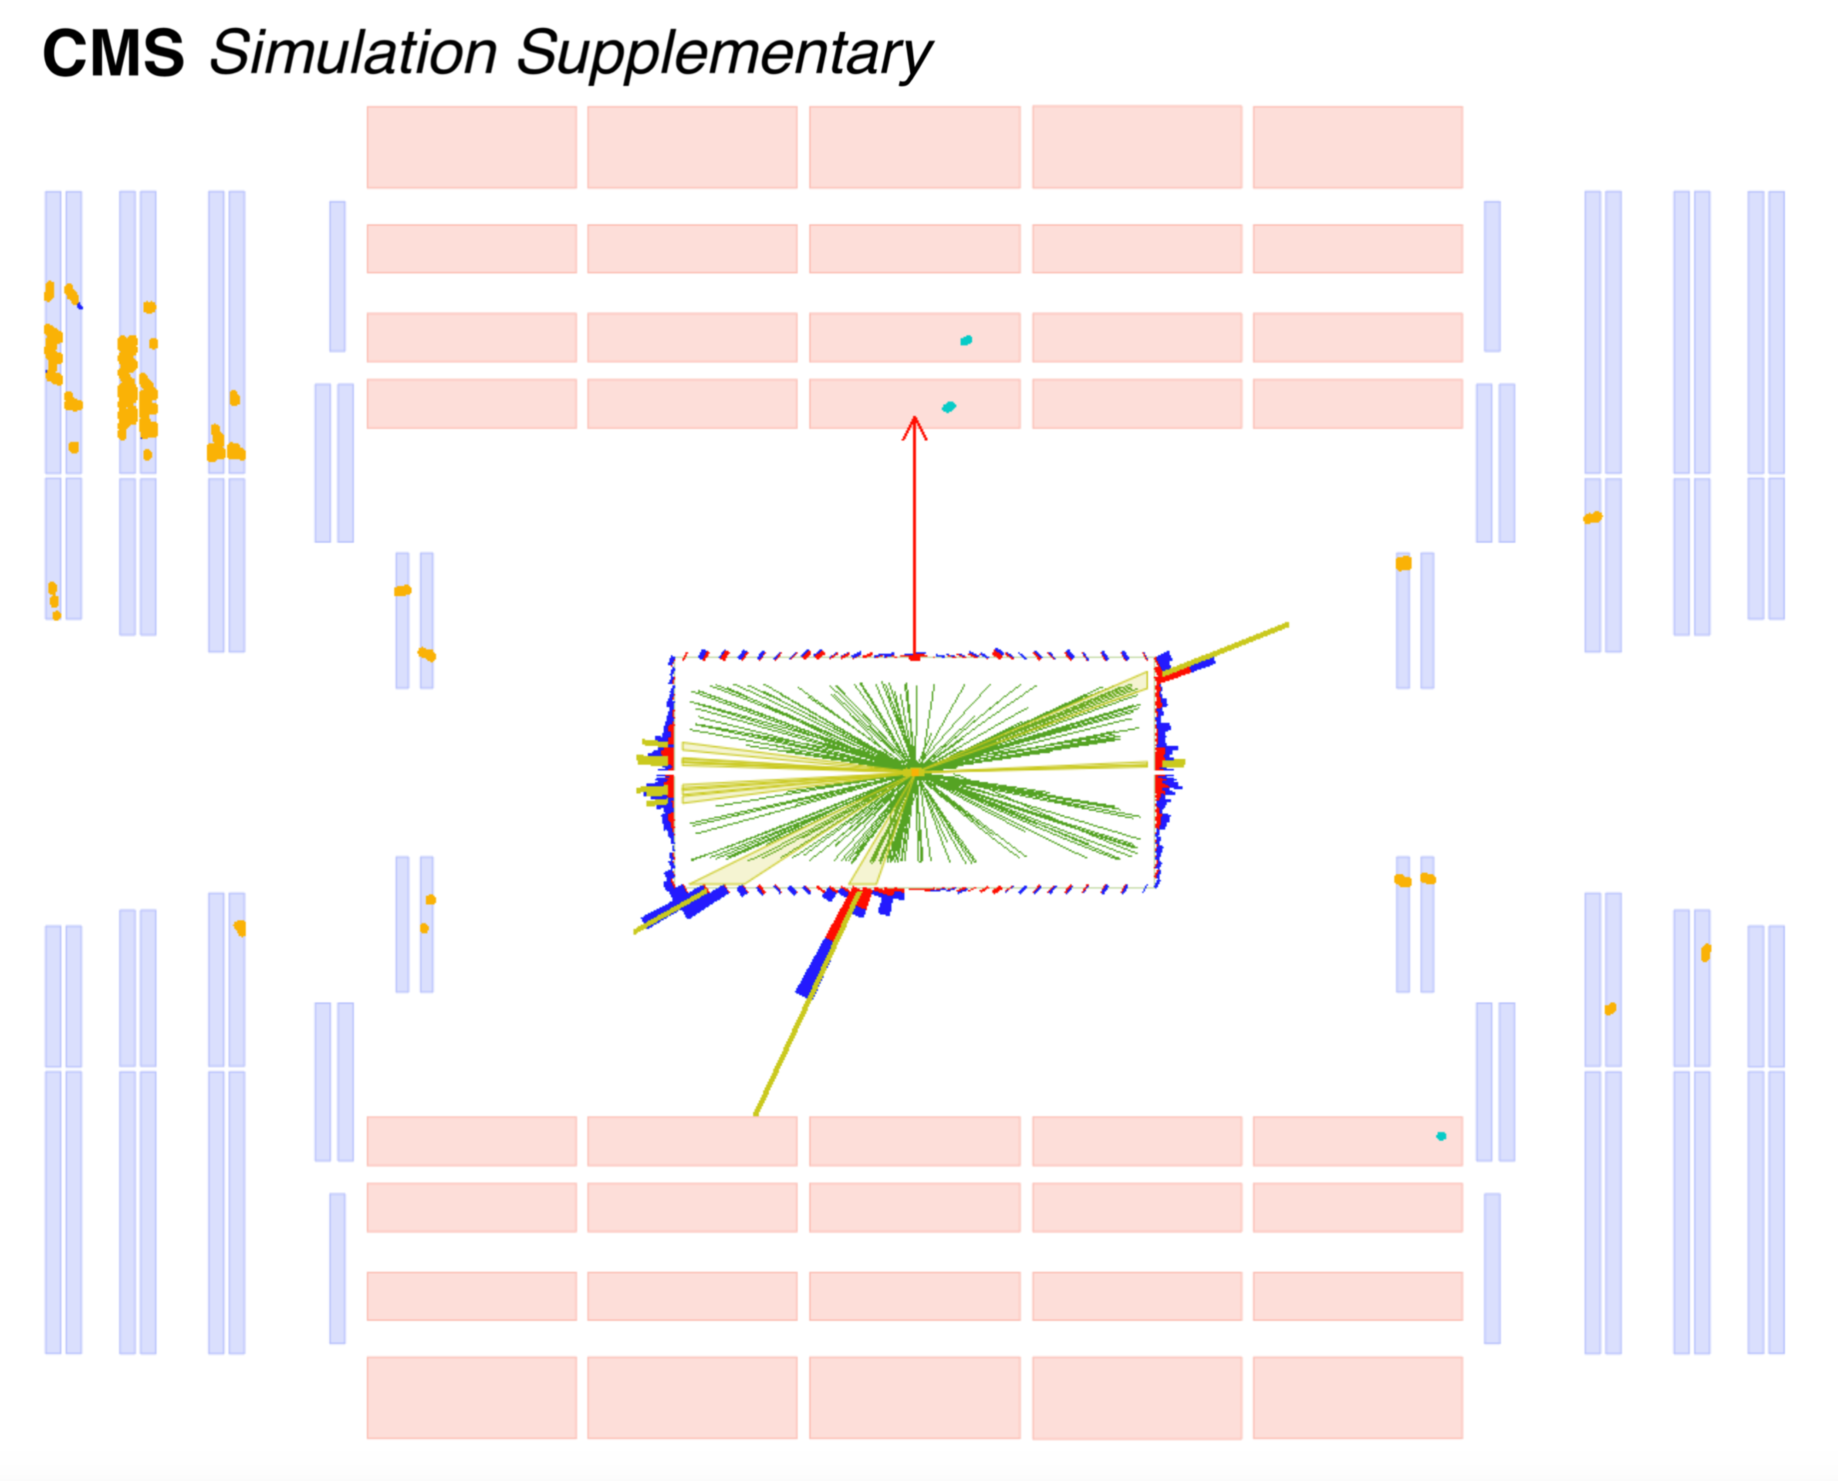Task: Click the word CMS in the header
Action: coord(113,54)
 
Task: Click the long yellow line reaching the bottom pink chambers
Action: coord(793,1032)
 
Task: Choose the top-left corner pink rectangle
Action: coord(472,147)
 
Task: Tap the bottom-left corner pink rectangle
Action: coord(472,1397)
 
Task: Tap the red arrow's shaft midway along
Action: coord(915,538)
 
